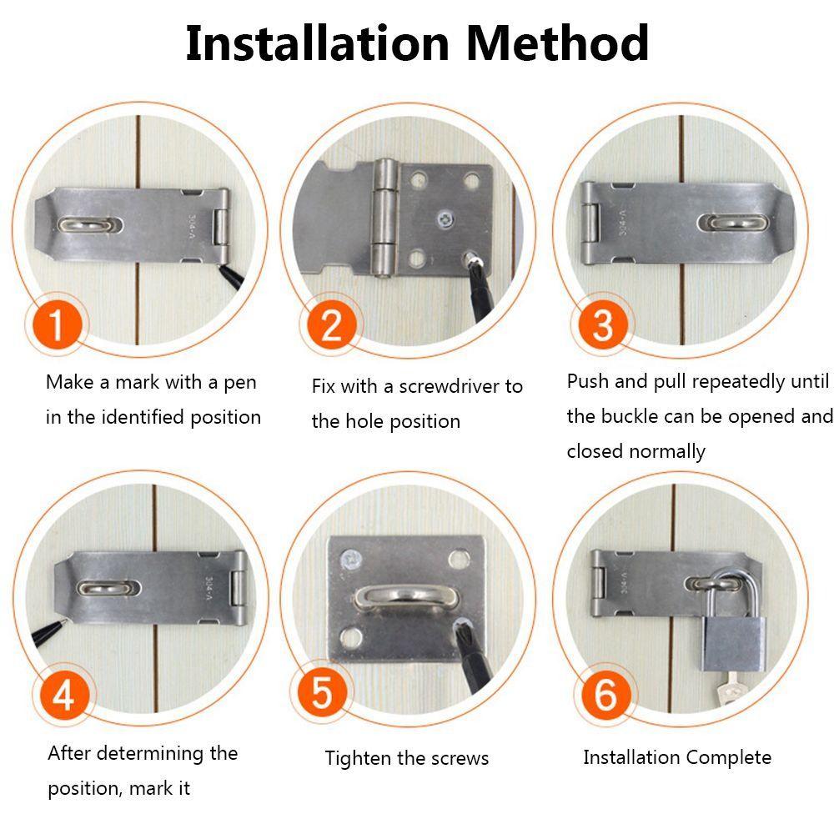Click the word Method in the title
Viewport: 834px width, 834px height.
click(x=557, y=43)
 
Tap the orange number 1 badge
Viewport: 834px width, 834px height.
click(x=56, y=324)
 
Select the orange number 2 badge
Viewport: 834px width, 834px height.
click(x=331, y=324)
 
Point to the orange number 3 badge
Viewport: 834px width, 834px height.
click(x=603, y=324)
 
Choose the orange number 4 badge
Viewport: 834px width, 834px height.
click(x=63, y=694)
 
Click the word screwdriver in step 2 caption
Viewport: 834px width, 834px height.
click(x=450, y=387)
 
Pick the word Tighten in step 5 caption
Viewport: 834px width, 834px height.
click(x=356, y=758)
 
